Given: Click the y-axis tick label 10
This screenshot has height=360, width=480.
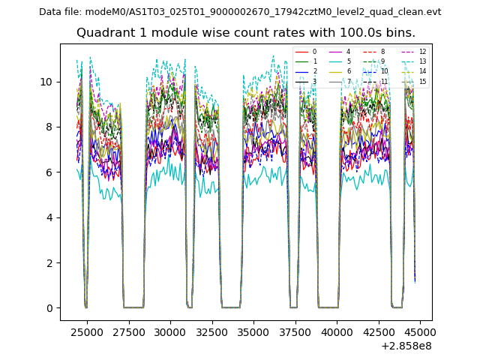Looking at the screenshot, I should click(48, 82).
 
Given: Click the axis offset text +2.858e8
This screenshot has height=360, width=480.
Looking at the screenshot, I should click(406, 346).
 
